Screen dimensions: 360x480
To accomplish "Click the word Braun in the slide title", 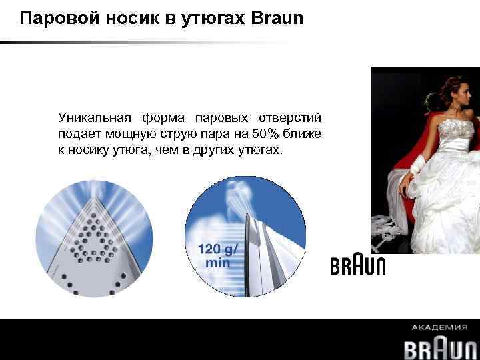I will (x=277, y=18).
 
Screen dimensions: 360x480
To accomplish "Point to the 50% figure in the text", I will (x=266, y=135).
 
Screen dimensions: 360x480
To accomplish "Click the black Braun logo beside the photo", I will (x=358, y=265).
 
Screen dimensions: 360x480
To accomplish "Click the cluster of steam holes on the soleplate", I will (x=94, y=233).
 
